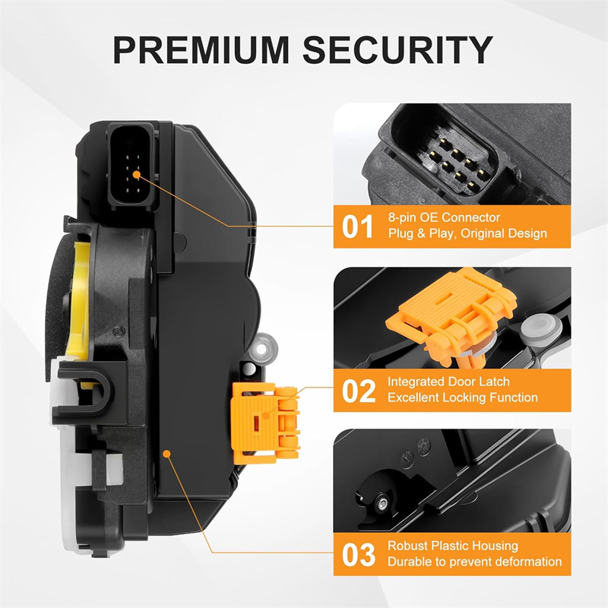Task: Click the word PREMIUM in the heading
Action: pos(201,49)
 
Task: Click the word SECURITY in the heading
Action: pos(397,49)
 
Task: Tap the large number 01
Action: pos(357,226)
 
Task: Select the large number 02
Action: pos(358,391)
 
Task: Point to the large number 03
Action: pos(358,555)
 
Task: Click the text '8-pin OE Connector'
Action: pos(444,217)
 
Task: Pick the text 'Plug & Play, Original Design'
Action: pos(467,233)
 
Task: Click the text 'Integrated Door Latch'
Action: pos(448,382)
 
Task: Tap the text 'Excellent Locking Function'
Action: pos(463,397)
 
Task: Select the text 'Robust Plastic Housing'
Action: pos(453,546)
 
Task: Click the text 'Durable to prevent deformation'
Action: pos(474,562)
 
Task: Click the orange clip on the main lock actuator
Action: pos(265,423)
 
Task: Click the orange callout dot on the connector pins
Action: pos(136,175)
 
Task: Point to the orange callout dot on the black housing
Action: pos(166,453)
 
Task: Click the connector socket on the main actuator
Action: pos(132,167)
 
